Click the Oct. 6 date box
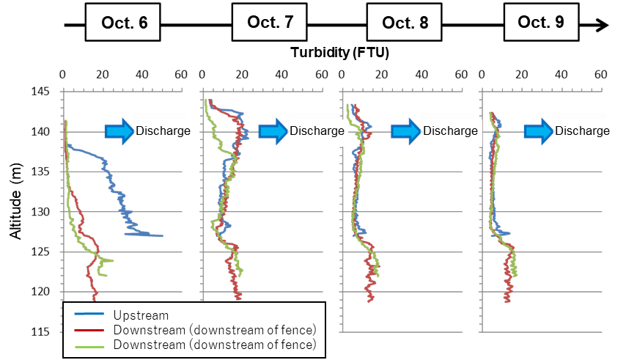point(122,23)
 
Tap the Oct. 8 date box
point(403,23)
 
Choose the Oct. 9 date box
point(540,22)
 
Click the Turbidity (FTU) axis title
point(339,53)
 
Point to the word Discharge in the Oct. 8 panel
point(451,131)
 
